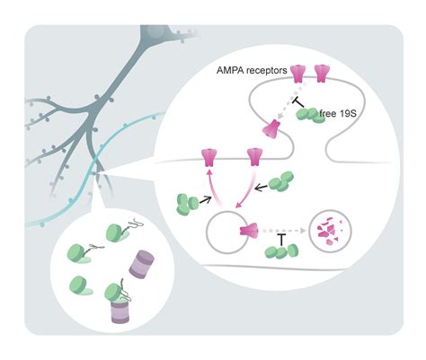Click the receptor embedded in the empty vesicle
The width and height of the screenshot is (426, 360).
click(x=249, y=234)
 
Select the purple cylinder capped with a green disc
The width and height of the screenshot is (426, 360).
click(x=122, y=309)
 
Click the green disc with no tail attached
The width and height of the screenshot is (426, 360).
click(x=83, y=287)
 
